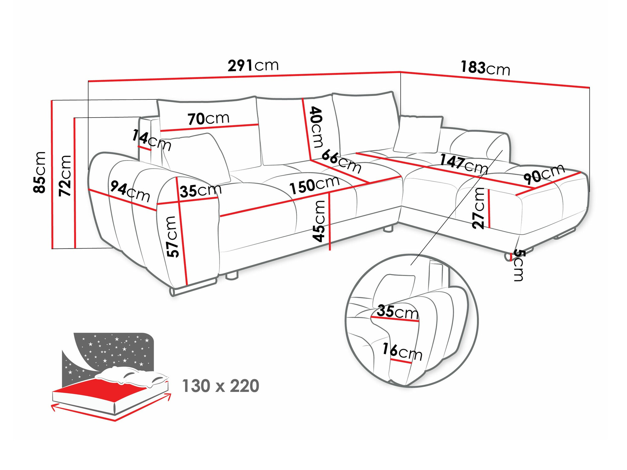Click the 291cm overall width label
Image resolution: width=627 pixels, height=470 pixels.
pos(253,66)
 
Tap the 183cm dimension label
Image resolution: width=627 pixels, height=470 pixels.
pos(485,68)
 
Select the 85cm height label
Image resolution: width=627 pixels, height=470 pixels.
pos(40,172)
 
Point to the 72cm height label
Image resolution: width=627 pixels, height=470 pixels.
pos(65,176)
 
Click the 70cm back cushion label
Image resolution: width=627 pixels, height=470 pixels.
pos(208,119)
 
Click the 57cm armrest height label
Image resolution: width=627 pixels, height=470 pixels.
pos(173,237)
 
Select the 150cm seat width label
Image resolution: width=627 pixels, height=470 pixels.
pos(314,185)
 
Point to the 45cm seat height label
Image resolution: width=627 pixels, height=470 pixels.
pos(319,221)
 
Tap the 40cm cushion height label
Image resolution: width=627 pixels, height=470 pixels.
pos(316,127)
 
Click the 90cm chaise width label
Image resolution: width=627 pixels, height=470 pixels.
pos(544,174)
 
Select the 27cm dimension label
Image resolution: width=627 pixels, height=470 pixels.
pos(479,208)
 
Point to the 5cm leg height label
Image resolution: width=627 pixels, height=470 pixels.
pos(518,265)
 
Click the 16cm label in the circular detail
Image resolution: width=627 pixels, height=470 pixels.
pos(402,352)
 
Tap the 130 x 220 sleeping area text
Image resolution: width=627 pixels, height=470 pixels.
pos(220,386)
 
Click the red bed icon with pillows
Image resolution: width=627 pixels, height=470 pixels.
pos(110,386)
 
